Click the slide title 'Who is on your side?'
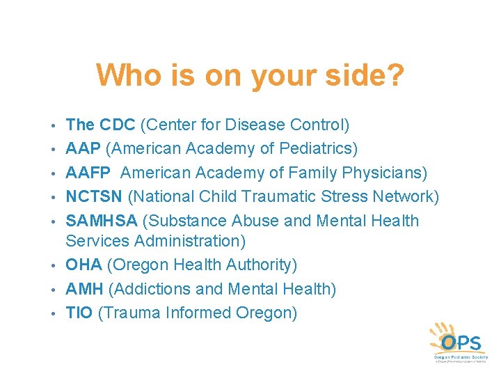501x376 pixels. [250, 75]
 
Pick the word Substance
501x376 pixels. [184, 221]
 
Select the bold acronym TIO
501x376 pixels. [79, 313]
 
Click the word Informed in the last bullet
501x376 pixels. [198, 313]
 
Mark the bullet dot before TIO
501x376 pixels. [54, 314]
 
